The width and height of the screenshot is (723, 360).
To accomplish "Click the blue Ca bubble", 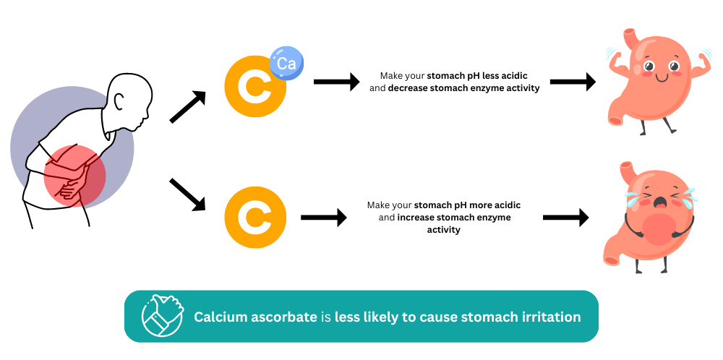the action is (x=286, y=63).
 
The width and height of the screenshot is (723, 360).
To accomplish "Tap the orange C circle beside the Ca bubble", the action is (x=255, y=86).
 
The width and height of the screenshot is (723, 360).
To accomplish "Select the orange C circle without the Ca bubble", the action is (x=255, y=218).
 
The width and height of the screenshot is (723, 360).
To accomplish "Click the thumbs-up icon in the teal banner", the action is (x=162, y=316).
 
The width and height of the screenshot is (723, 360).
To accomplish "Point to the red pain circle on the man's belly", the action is (x=74, y=176).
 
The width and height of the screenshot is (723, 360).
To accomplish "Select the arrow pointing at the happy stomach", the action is (x=573, y=82).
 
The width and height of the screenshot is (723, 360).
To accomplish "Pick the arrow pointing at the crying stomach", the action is (x=566, y=218).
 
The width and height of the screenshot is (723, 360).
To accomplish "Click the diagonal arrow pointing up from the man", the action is (x=188, y=106).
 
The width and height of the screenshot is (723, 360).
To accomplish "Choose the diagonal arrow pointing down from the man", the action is (x=187, y=194).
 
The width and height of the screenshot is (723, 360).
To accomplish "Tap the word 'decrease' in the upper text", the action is (x=408, y=88).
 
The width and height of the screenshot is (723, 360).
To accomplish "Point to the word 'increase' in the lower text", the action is (x=416, y=218).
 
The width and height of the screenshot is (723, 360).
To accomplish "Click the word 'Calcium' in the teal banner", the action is (x=218, y=317).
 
